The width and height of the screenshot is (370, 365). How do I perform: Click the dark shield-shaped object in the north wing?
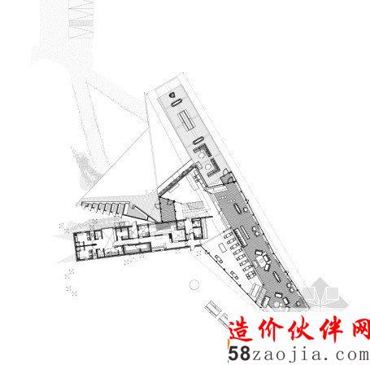(x=172, y=95)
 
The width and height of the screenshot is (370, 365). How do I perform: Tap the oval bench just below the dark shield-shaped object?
(x=176, y=103)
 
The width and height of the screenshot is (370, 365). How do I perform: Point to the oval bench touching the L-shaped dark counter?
(x=198, y=141)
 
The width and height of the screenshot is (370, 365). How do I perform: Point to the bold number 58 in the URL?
(x=239, y=354)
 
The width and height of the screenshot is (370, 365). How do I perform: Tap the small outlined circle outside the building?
(x=194, y=285)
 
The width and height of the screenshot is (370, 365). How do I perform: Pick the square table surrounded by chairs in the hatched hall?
(x=262, y=262)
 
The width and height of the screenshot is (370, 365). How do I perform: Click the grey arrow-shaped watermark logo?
(x=324, y=293)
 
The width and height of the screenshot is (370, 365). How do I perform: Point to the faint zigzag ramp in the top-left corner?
(x=81, y=19)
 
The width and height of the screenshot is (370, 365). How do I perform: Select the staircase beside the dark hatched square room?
(x=193, y=207)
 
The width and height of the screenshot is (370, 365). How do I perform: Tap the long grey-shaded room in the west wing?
(x=136, y=248)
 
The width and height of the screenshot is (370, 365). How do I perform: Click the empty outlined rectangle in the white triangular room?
(x=223, y=248)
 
